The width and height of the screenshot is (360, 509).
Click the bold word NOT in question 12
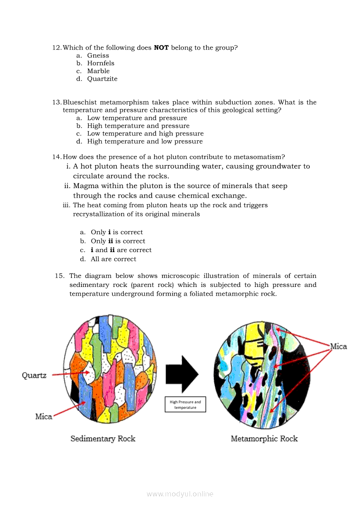coord(161,47)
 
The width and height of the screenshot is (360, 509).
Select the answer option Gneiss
coord(98,56)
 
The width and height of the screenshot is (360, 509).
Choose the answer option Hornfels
coord(101,64)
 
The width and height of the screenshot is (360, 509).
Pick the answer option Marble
coord(98,71)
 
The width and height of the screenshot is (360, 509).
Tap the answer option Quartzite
coord(102,79)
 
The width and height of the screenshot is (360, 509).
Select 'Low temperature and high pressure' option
coord(145,134)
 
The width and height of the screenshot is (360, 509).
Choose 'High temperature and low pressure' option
coord(145,142)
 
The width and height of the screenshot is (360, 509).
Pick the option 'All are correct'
coord(113,259)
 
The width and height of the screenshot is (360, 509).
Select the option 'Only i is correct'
coord(117,233)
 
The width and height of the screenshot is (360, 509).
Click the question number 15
coord(60,276)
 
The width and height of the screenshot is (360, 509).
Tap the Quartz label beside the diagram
coord(34,375)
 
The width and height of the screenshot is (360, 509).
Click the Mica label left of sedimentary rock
coord(44,417)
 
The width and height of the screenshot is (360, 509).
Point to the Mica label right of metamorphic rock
coord(338,347)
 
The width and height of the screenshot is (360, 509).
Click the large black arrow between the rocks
coord(182,374)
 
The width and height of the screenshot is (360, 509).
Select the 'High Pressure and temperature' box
coord(185,405)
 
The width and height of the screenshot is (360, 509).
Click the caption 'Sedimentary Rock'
coord(103,438)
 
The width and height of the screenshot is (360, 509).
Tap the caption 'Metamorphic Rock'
coord(264,438)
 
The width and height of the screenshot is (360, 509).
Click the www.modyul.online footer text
coord(180,494)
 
